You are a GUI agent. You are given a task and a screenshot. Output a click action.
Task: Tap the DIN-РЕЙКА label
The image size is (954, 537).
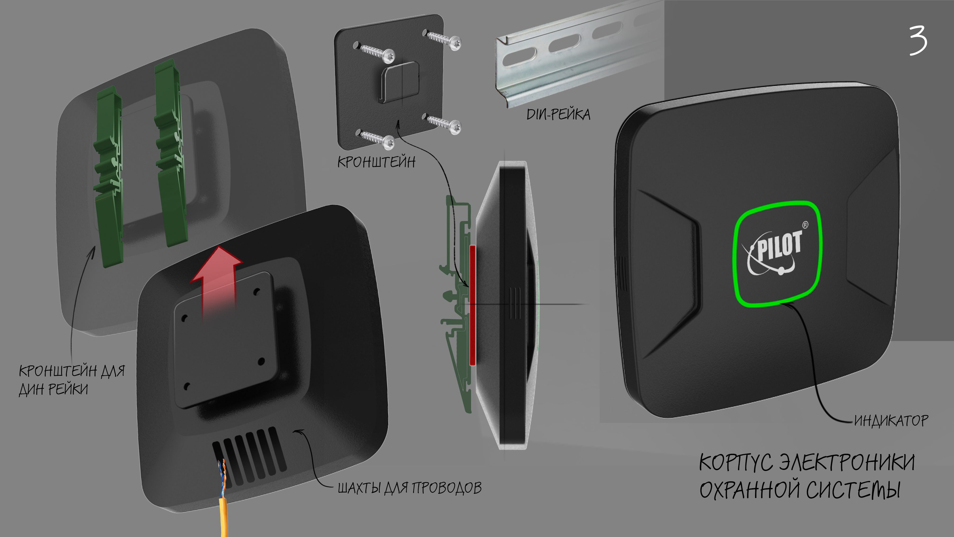coord(558,114)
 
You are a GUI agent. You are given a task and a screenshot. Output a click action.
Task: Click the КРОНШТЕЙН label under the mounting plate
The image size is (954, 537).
coord(376,162)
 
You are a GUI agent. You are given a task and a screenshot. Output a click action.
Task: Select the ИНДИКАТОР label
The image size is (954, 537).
coord(891,421)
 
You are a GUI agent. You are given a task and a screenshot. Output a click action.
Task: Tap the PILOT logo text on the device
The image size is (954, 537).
coord(780,246)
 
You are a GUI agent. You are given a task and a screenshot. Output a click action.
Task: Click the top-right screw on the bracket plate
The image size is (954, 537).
coord(443,40)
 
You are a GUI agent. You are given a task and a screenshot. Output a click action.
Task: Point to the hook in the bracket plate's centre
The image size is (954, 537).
coord(400,81)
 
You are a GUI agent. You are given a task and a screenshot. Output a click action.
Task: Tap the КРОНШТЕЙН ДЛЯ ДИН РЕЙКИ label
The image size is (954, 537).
coord(72,379)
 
